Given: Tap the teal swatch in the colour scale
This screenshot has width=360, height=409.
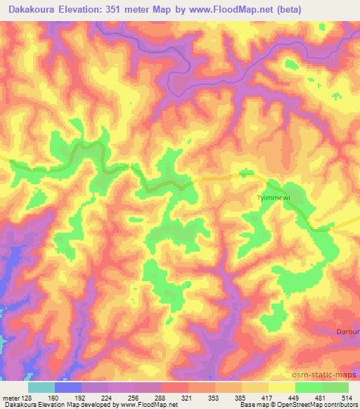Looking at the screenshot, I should (41, 387).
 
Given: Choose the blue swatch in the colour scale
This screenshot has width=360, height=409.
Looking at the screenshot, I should (68, 387).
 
